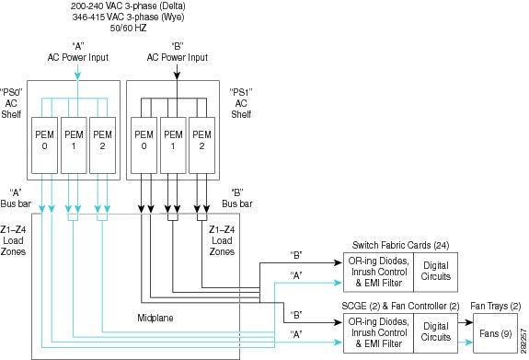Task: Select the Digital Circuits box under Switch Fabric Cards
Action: (x=436, y=273)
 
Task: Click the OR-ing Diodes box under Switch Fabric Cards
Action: (x=377, y=273)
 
